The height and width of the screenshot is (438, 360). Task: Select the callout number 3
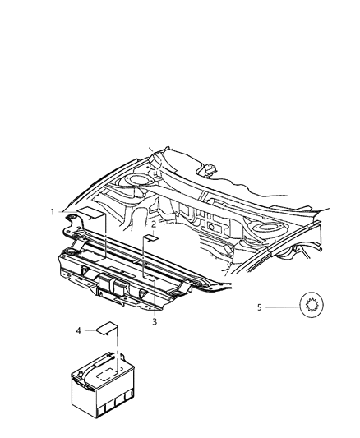[x=154, y=321]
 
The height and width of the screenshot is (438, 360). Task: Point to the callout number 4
[x=78, y=330]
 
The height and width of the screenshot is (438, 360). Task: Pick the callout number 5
[x=259, y=308]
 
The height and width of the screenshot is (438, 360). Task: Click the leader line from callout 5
[x=281, y=308]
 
